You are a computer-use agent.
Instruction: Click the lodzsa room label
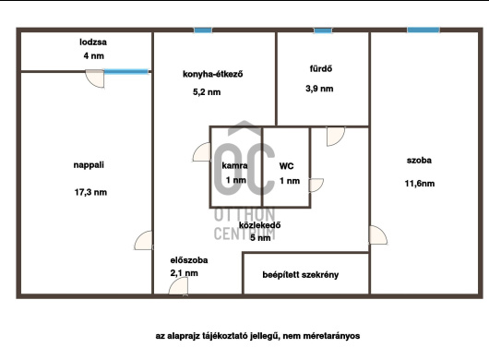click(93, 42)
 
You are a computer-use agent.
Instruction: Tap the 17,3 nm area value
click(90, 192)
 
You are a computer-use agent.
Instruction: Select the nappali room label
click(89, 165)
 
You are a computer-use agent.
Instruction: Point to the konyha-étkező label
click(213, 74)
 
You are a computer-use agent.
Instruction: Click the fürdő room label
click(320, 68)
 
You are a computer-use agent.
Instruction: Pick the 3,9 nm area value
click(319, 89)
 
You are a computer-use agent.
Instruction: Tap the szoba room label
click(419, 161)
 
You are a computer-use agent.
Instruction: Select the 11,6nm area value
click(420, 184)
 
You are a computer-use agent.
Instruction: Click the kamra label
click(235, 165)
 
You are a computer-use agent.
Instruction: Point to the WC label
click(286, 166)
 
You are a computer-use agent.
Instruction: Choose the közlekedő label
click(260, 225)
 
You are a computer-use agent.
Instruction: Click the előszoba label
click(189, 260)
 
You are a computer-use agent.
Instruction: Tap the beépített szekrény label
click(301, 275)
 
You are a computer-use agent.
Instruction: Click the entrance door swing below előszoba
click(179, 286)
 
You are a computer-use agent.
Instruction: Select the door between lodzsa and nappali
click(95, 78)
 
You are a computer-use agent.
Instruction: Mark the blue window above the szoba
click(423, 30)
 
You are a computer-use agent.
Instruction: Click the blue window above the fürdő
click(323, 30)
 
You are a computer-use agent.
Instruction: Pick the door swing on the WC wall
click(316, 186)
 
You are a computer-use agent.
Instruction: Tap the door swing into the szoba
click(378, 234)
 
